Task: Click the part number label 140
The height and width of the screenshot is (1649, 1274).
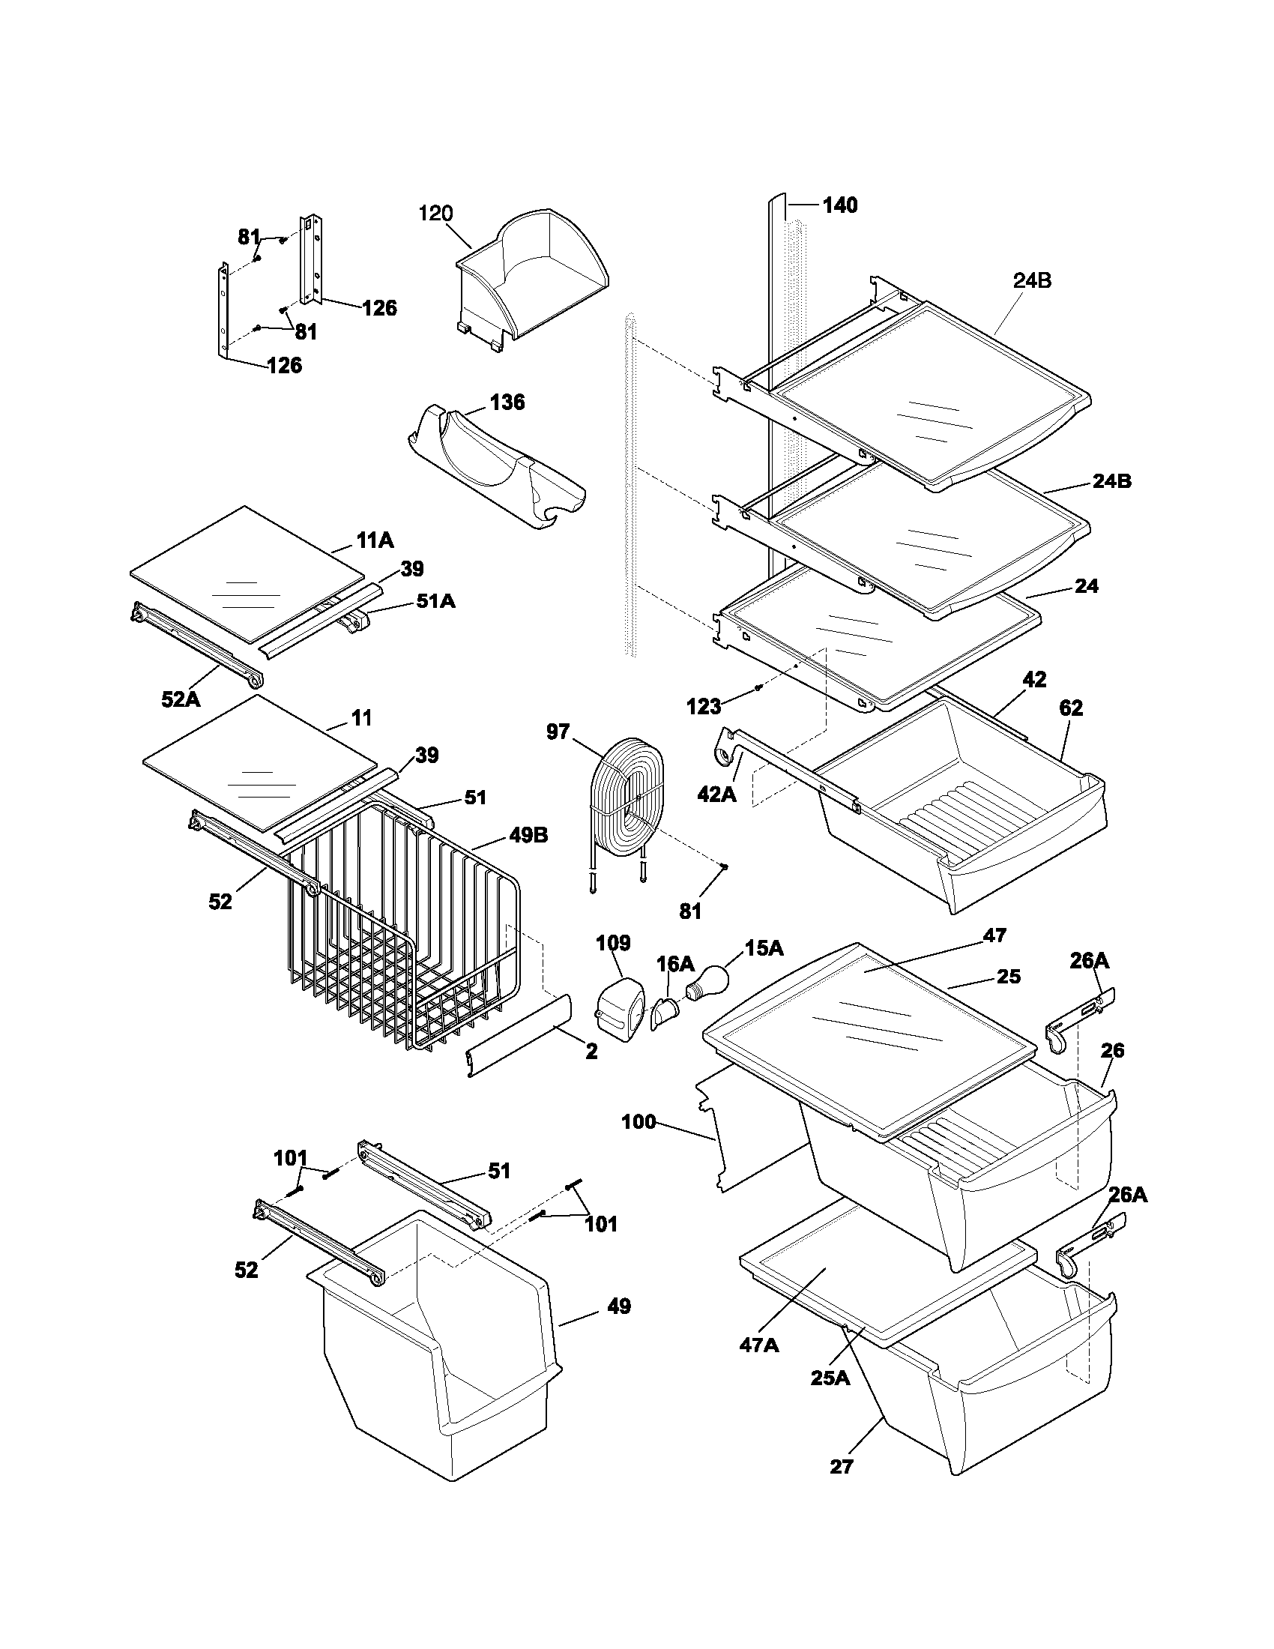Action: tap(839, 205)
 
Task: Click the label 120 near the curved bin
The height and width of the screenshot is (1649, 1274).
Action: tap(435, 214)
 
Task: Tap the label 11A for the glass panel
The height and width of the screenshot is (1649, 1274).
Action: tap(375, 540)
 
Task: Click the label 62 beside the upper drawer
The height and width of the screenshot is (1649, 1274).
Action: tap(1070, 708)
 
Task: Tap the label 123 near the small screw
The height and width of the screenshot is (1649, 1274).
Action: tap(704, 707)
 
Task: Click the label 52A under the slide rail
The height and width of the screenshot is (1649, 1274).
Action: tap(181, 699)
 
